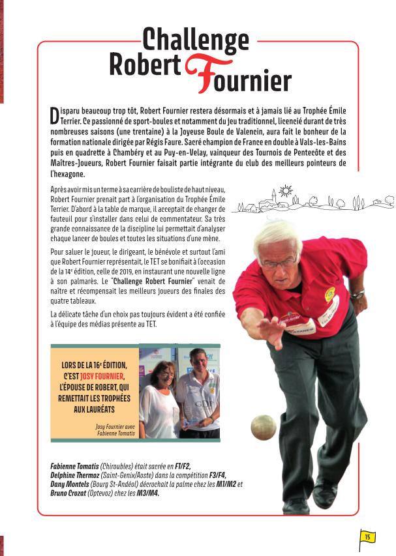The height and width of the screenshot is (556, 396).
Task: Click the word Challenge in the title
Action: click(x=195, y=40)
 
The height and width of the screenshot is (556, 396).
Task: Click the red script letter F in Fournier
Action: click(x=200, y=74)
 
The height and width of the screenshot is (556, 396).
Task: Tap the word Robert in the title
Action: click(x=145, y=66)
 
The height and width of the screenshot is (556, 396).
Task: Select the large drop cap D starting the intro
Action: click(x=54, y=115)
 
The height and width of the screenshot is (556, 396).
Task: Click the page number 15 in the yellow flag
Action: click(x=367, y=537)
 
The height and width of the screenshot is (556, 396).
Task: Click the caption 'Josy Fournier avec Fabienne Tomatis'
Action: click(x=115, y=430)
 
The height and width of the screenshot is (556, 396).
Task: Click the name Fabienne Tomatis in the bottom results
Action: click(x=74, y=467)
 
